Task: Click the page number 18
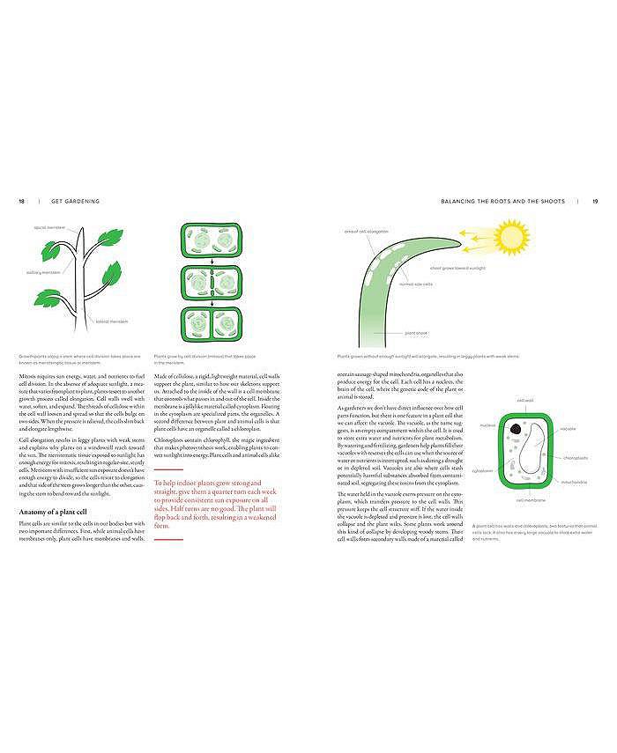[x=21, y=201]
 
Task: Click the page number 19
[x=595, y=201]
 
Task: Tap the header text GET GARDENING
[x=75, y=201]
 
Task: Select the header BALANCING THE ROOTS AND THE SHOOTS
[x=503, y=201]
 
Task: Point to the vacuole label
[x=567, y=429]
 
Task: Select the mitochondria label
[x=573, y=482]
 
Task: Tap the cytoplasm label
[x=483, y=470]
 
